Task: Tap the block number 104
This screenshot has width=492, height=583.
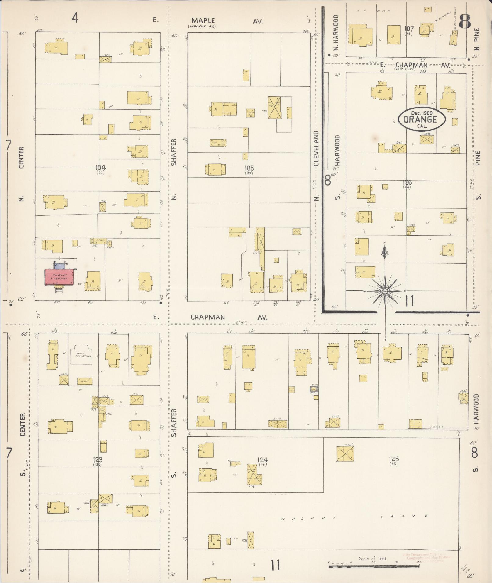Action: pyautogui.click(x=100, y=167)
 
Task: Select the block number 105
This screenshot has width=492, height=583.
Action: pyautogui.click(x=249, y=168)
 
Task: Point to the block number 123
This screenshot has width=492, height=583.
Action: pyautogui.click(x=98, y=460)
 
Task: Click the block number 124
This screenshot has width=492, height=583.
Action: pyautogui.click(x=262, y=460)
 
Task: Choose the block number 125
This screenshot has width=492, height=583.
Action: pyautogui.click(x=394, y=459)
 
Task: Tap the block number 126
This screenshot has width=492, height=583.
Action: pyautogui.click(x=407, y=183)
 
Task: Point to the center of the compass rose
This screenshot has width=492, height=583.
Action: pyautogui.click(x=385, y=291)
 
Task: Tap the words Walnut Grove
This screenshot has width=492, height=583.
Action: pyautogui.click(x=354, y=516)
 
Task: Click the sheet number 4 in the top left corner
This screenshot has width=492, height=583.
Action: pyautogui.click(x=75, y=18)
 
